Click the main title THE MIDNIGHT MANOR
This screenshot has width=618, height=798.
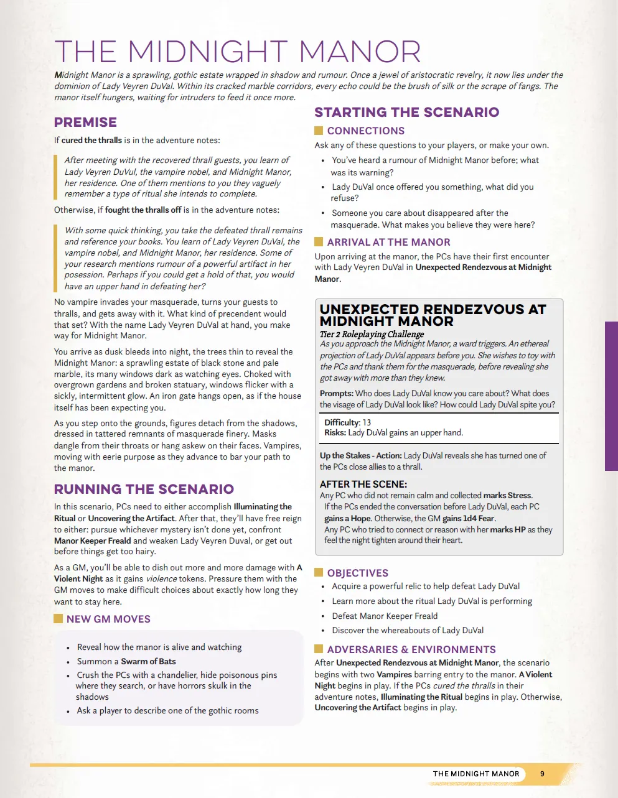[237, 52]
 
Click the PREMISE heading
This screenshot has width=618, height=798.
[85, 123]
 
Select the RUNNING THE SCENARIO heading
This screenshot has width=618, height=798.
[144, 489]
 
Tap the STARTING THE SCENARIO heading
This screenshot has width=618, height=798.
[406, 113]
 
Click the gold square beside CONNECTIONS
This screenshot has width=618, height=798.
[319, 131]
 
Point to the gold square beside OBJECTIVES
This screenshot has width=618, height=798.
[319, 573]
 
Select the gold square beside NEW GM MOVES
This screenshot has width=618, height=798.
[59, 619]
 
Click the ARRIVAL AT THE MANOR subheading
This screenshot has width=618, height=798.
[388, 243]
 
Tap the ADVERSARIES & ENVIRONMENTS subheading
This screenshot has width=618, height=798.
[411, 649]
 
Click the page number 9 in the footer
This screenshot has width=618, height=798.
[542, 774]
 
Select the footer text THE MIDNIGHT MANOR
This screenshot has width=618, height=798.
[476, 774]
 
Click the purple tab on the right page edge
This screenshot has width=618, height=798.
[611, 396]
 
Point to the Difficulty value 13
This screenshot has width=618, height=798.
[367, 422]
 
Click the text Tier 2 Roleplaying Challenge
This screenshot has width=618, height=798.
[372, 334]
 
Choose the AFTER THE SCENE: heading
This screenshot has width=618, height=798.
[363, 484]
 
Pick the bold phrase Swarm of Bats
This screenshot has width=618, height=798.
[148, 661]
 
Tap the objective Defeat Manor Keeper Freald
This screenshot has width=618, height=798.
[385, 616]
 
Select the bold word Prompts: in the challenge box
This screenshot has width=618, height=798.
[336, 393]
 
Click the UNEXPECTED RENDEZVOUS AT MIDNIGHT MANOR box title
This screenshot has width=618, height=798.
[433, 315]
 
